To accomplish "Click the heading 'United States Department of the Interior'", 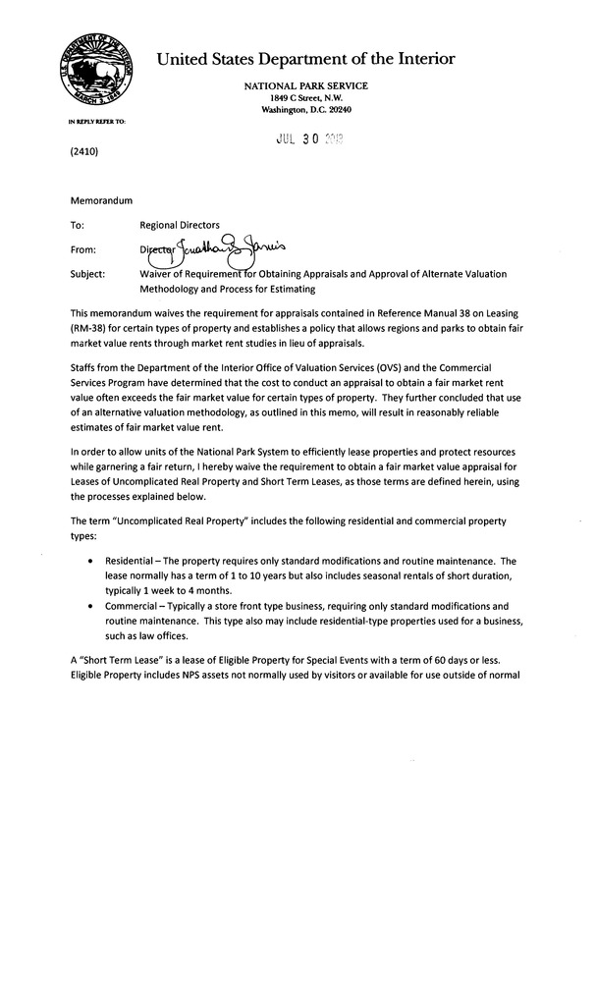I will [x=305, y=59].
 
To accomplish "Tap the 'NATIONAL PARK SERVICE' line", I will [x=306, y=86].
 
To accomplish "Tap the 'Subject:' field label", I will [x=88, y=274].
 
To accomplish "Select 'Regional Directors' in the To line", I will [x=180, y=225].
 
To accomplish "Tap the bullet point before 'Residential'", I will [x=91, y=559].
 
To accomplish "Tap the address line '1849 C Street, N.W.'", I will [x=306, y=98].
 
